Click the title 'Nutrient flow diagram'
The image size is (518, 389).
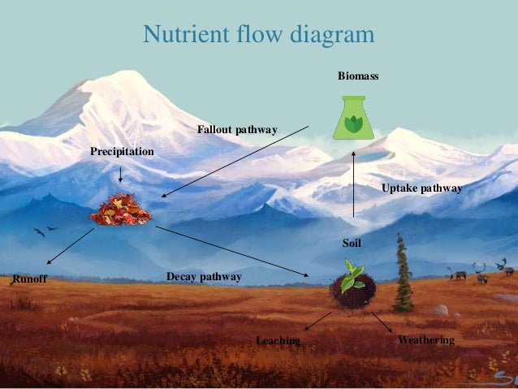point(258,35)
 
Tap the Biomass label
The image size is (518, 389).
point(358,76)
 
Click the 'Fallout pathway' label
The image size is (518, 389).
point(237,129)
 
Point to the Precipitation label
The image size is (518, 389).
point(122,151)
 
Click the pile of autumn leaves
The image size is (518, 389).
point(120,210)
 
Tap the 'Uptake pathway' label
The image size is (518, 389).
point(421,188)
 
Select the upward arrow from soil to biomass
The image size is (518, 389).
point(354,184)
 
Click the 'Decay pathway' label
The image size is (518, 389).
point(204,277)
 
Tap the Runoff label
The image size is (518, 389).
point(30,280)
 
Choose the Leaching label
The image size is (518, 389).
point(278,340)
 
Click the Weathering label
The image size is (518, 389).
point(426,339)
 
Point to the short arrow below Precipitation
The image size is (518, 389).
point(120,174)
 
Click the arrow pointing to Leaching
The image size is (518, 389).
point(317,321)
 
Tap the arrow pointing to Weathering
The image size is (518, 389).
point(382,323)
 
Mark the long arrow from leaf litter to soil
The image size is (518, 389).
point(231,252)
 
